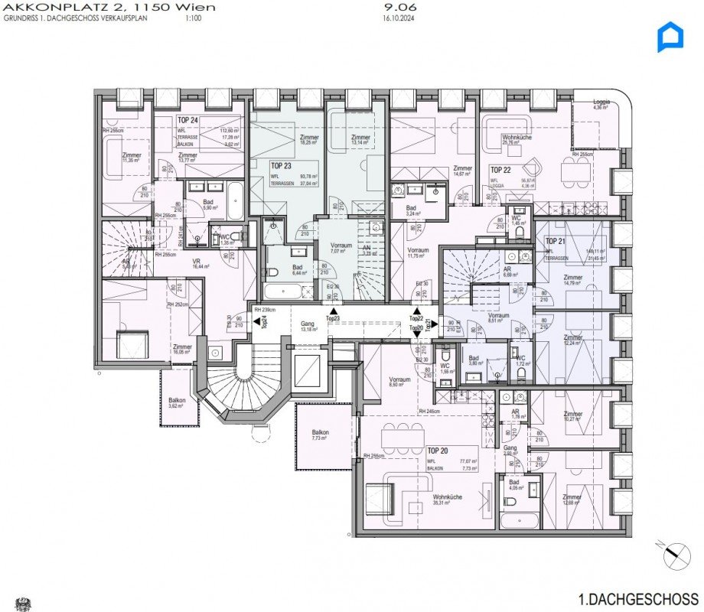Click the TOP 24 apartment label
(x=188, y=120)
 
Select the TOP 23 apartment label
(x=282, y=164)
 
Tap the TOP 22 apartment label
(x=500, y=169)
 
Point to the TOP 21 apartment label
(x=555, y=241)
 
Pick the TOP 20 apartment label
(x=438, y=451)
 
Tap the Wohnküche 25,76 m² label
(x=517, y=139)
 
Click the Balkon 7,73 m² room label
(x=320, y=436)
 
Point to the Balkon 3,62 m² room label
(x=178, y=403)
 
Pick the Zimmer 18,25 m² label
(x=309, y=140)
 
